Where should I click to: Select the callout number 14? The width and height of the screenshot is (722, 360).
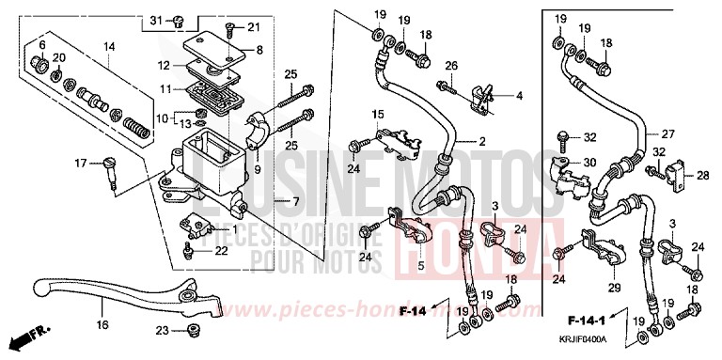click(109, 46)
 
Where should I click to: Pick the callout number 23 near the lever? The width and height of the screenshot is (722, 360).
click(162, 330)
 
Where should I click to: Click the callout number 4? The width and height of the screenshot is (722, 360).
click(517, 95)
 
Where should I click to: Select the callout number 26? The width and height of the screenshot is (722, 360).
click(451, 65)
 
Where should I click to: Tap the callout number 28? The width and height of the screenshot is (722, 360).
click(702, 175)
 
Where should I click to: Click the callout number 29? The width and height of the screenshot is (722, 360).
click(614, 286)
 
